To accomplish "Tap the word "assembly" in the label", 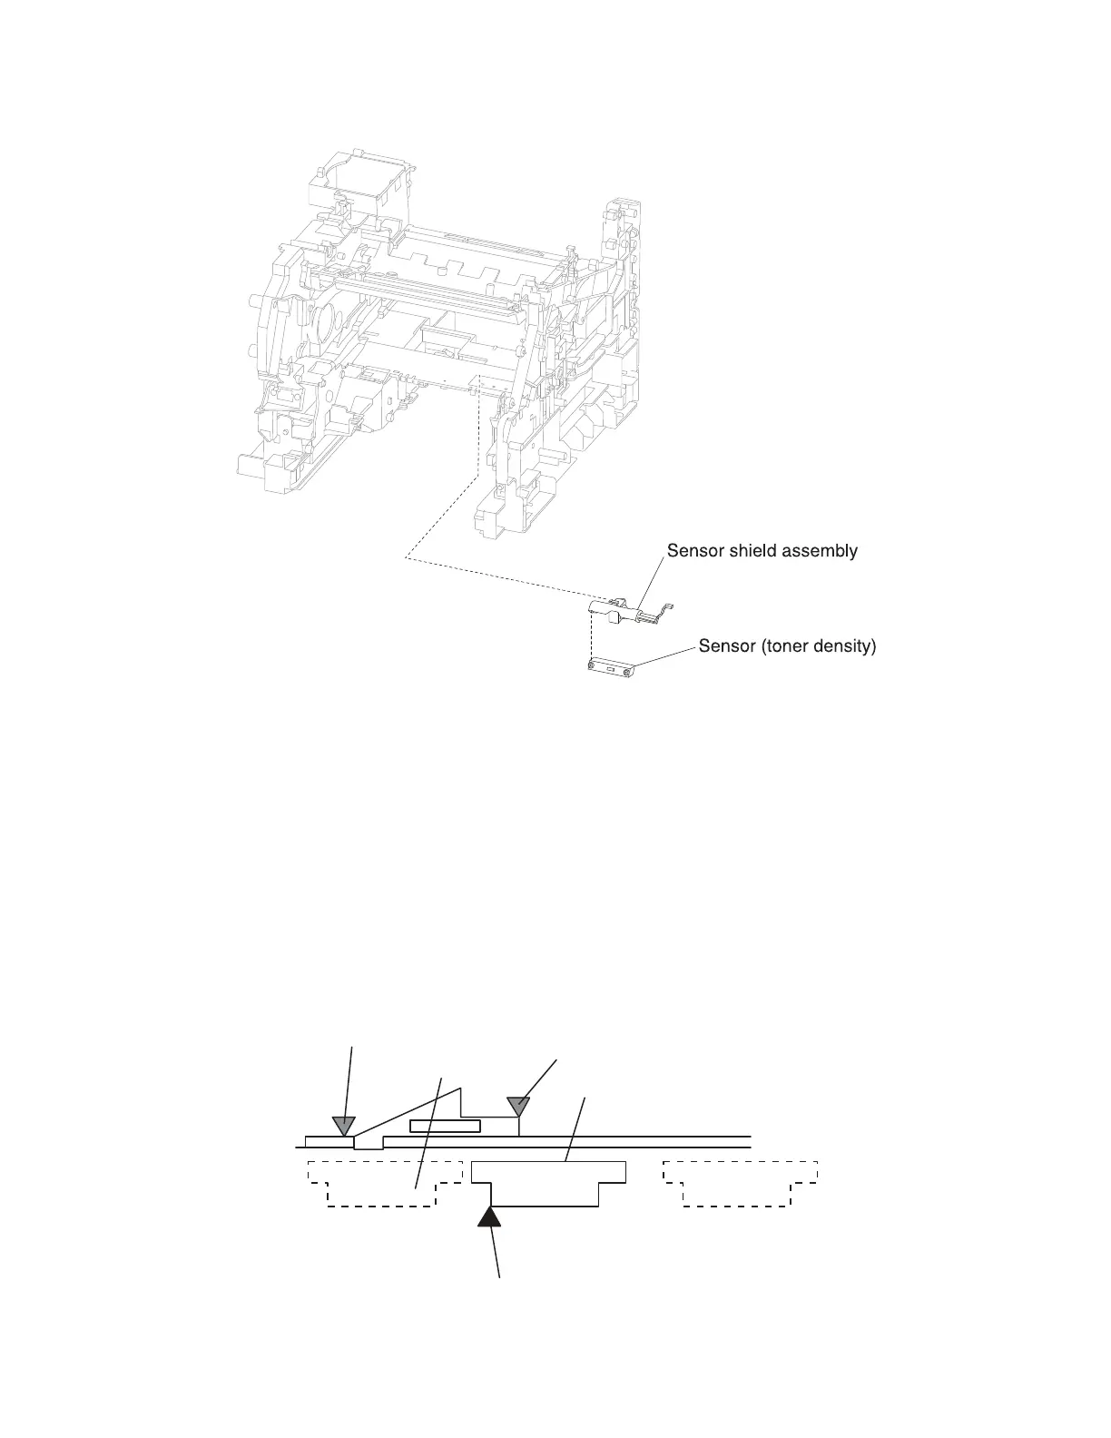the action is (x=821, y=551).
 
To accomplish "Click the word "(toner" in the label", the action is (x=780, y=647).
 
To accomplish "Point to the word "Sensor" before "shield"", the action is (x=696, y=551).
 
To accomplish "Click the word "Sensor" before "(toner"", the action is (x=727, y=647).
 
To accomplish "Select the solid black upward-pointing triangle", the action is (x=489, y=1213).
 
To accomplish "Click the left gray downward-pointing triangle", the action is (x=343, y=1126).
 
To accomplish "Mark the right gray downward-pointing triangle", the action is (x=517, y=1106).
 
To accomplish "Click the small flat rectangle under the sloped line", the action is (x=444, y=1127).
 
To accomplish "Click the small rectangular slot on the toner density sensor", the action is (x=611, y=671).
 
